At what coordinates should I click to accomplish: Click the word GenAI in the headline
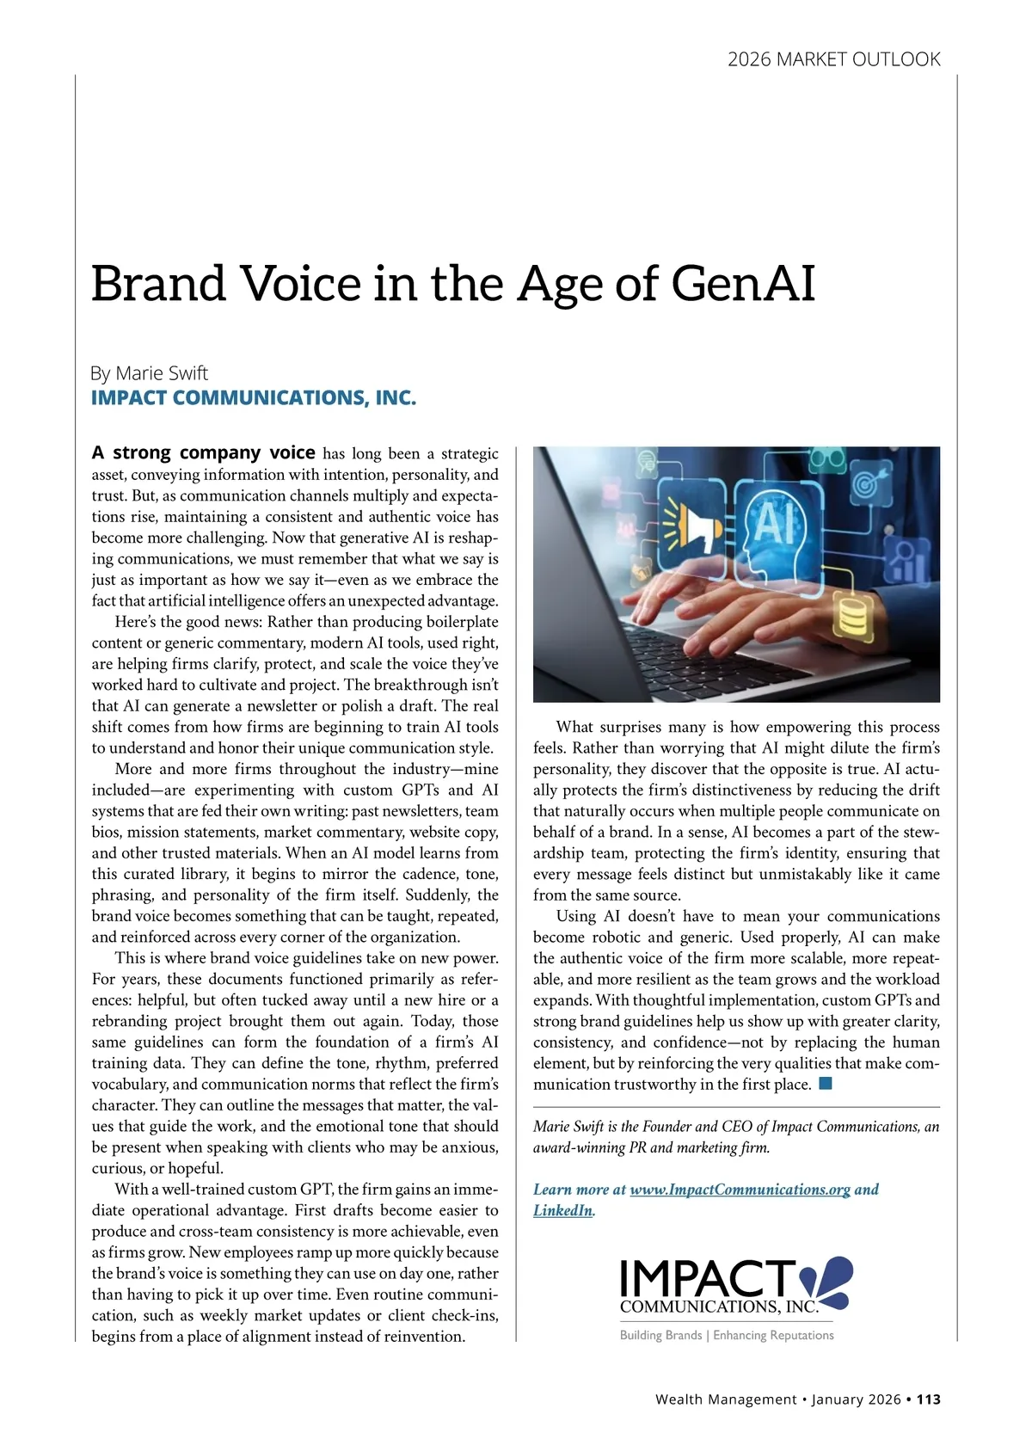[742, 283]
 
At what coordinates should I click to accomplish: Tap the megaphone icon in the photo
[694, 528]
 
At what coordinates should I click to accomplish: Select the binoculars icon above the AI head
[827, 460]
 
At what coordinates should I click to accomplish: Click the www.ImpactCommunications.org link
[740, 1190]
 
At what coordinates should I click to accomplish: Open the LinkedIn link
[562, 1210]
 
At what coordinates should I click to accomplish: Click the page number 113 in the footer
[928, 1399]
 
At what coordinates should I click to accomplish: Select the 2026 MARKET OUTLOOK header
[833, 59]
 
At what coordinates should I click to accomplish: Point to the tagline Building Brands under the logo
[660, 1335]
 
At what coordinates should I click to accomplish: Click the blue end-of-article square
[826, 1083]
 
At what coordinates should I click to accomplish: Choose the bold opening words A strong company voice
[204, 452]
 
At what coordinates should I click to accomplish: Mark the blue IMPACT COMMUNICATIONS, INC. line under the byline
[254, 398]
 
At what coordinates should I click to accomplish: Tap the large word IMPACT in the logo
[707, 1278]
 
